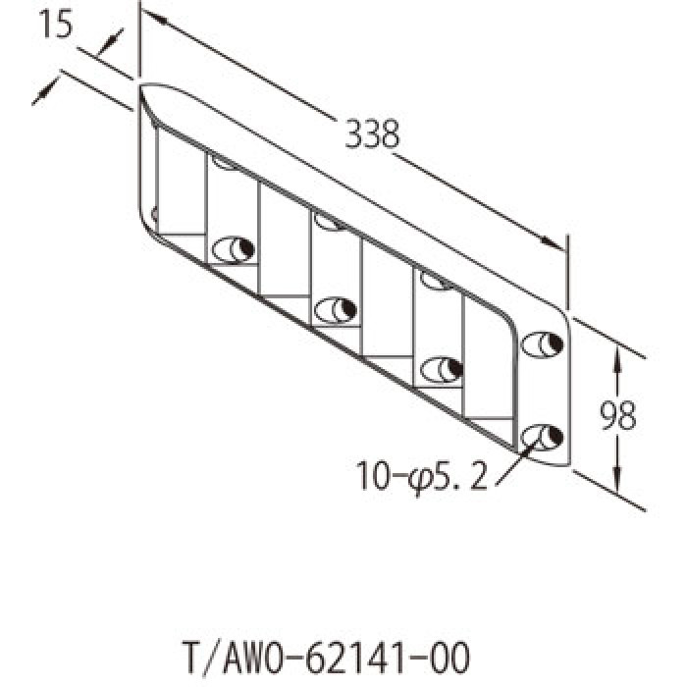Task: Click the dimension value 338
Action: [x=372, y=133]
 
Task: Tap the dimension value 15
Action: [x=56, y=24]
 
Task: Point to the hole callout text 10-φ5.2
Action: [x=421, y=476]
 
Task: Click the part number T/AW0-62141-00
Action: [x=325, y=658]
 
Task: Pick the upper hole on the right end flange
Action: [x=542, y=344]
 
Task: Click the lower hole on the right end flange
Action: [x=542, y=437]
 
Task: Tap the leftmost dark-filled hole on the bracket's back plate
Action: [x=234, y=249]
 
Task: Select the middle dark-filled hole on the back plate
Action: [x=336, y=310]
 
